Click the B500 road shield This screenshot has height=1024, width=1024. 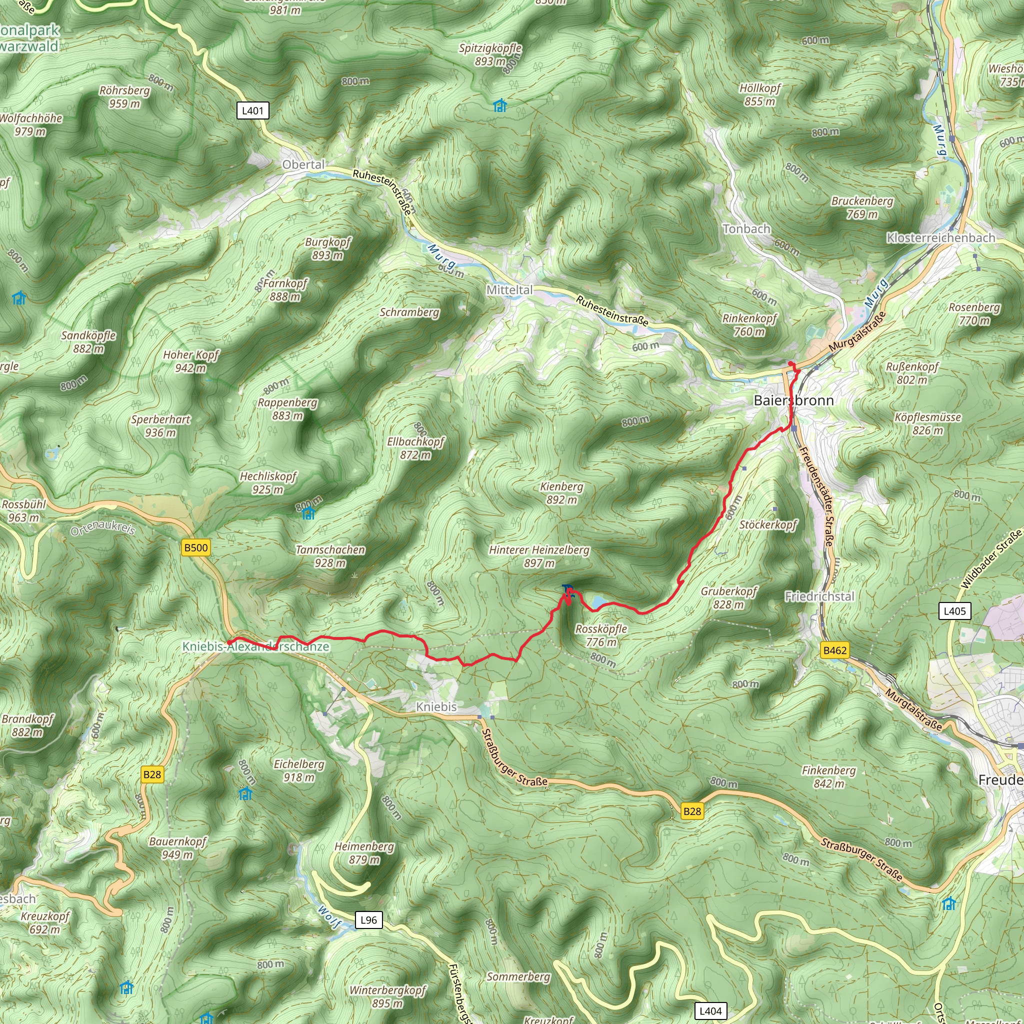(x=195, y=547)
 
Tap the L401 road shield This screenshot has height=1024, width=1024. (x=252, y=111)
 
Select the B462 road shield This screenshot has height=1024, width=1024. (x=835, y=650)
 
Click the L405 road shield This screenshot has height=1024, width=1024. (x=954, y=611)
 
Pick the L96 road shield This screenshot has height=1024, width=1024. (x=368, y=919)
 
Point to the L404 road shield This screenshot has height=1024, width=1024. (x=710, y=1010)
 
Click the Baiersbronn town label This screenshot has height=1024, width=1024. (x=793, y=400)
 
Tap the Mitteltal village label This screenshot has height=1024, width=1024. (x=509, y=290)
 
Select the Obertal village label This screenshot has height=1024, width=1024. (x=303, y=165)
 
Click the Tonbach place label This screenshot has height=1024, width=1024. (x=746, y=229)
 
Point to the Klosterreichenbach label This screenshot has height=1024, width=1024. (x=941, y=238)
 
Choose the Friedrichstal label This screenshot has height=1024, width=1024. (x=819, y=597)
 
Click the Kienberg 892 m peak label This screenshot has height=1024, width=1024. (x=561, y=493)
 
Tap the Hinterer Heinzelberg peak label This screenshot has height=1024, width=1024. (x=539, y=556)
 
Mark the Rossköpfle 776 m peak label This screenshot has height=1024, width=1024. (x=601, y=635)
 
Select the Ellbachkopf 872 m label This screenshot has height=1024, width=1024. (x=415, y=448)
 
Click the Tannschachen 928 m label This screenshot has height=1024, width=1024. (x=330, y=556)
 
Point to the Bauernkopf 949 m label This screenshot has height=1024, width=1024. (x=177, y=848)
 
